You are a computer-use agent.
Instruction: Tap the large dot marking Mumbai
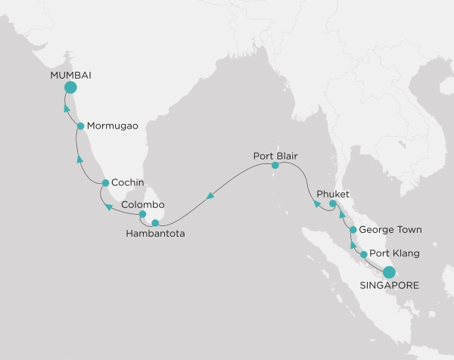(x=71, y=88)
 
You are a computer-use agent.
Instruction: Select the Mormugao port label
(x=112, y=126)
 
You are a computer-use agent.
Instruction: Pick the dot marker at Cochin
(x=105, y=183)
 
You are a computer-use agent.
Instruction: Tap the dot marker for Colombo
(x=142, y=215)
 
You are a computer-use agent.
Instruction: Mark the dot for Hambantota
(x=155, y=223)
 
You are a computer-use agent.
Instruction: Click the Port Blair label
(x=275, y=155)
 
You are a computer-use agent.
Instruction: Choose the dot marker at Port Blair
(x=275, y=165)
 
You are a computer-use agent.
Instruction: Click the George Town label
(x=390, y=228)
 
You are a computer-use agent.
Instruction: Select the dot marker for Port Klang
(x=364, y=255)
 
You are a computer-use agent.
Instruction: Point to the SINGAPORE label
(x=388, y=286)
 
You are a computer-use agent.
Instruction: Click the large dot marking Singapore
(x=389, y=272)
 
